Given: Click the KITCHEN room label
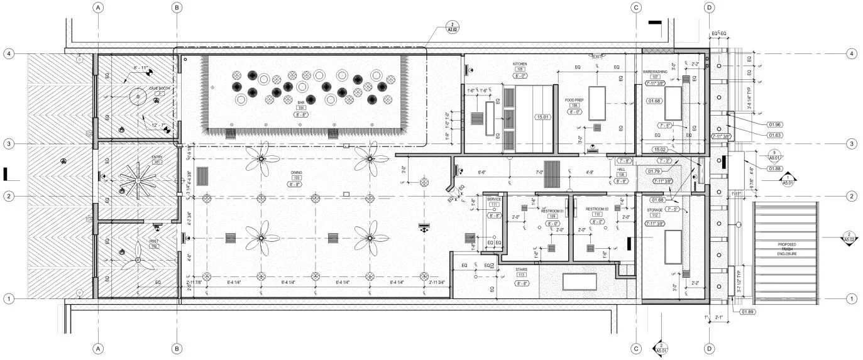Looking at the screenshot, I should pyautogui.click(x=519, y=64).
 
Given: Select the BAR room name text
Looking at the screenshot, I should pyautogui.click(x=301, y=102).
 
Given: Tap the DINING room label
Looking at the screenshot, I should pyautogui.click(x=295, y=172).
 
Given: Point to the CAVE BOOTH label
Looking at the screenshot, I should pyautogui.click(x=160, y=89).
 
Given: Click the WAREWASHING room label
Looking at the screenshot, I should pyautogui.click(x=659, y=71).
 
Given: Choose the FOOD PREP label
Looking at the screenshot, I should pyautogui.click(x=574, y=99).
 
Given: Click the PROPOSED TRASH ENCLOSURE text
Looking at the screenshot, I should pyautogui.click(x=786, y=249).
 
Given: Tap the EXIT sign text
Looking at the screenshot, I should pyautogui.click(x=596, y=57).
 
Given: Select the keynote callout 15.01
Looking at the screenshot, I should pyautogui.click(x=542, y=117).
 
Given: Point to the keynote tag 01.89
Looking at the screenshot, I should pyautogui.click(x=749, y=312).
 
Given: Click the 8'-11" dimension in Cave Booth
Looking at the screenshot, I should pyautogui.click(x=141, y=67).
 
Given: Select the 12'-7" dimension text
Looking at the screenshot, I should pyautogui.click(x=160, y=126).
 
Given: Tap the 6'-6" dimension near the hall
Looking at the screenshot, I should pyautogui.click(x=483, y=172).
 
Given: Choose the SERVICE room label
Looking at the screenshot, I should pyautogui.click(x=493, y=199).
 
